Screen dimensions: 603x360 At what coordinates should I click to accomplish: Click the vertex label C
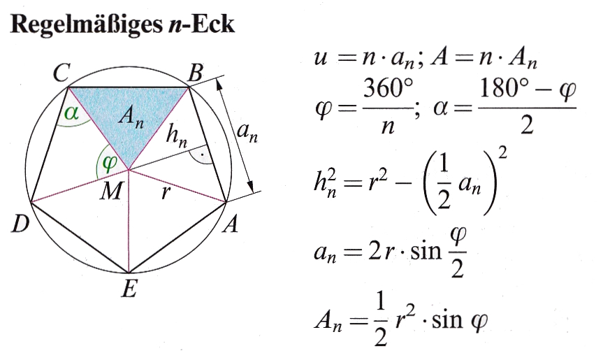click(61, 73)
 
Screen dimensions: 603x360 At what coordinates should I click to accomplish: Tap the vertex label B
click(195, 73)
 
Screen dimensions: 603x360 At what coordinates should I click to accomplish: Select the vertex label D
click(20, 224)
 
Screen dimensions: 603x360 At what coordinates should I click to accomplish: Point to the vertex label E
click(129, 288)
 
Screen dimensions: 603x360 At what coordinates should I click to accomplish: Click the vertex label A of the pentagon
click(231, 224)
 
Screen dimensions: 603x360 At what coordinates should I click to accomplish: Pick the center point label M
click(112, 191)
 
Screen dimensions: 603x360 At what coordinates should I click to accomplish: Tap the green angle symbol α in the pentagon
click(71, 113)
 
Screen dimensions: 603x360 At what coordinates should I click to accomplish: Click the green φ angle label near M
click(110, 163)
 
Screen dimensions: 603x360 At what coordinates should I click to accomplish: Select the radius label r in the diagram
click(166, 192)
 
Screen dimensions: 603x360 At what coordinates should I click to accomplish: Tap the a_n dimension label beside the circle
click(247, 133)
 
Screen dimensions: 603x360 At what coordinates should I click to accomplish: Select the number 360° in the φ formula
click(388, 88)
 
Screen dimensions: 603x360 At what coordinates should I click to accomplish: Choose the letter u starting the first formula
click(321, 59)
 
